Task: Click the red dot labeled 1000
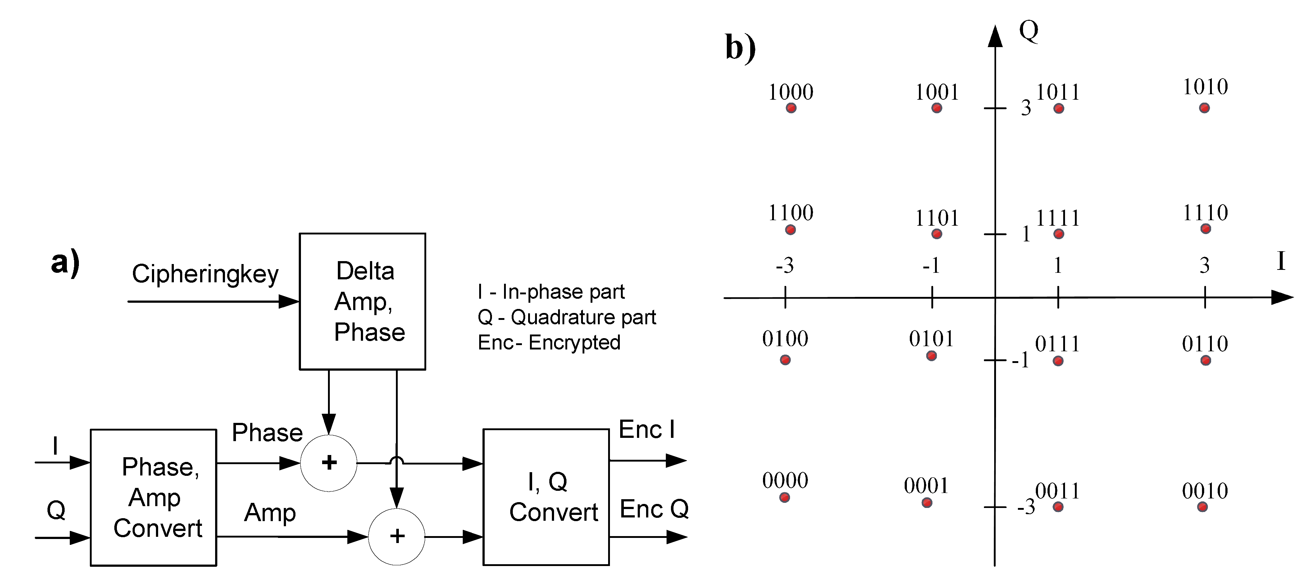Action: (x=791, y=108)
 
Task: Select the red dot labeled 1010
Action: (x=1204, y=108)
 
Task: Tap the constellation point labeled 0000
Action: (x=784, y=497)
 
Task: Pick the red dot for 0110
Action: (x=1205, y=360)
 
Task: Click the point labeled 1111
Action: (x=1058, y=234)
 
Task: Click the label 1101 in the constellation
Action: (x=936, y=218)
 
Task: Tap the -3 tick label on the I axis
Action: (x=784, y=265)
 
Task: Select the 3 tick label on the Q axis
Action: (x=1026, y=108)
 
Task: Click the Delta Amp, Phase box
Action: (x=362, y=301)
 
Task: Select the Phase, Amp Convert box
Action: (x=153, y=497)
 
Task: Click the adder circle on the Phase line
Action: (x=328, y=463)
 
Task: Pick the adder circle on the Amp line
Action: (x=396, y=536)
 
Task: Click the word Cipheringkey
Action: (x=205, y=274)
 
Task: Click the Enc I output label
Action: (x=646, y=430)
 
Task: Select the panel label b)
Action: (x=740, y=47)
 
